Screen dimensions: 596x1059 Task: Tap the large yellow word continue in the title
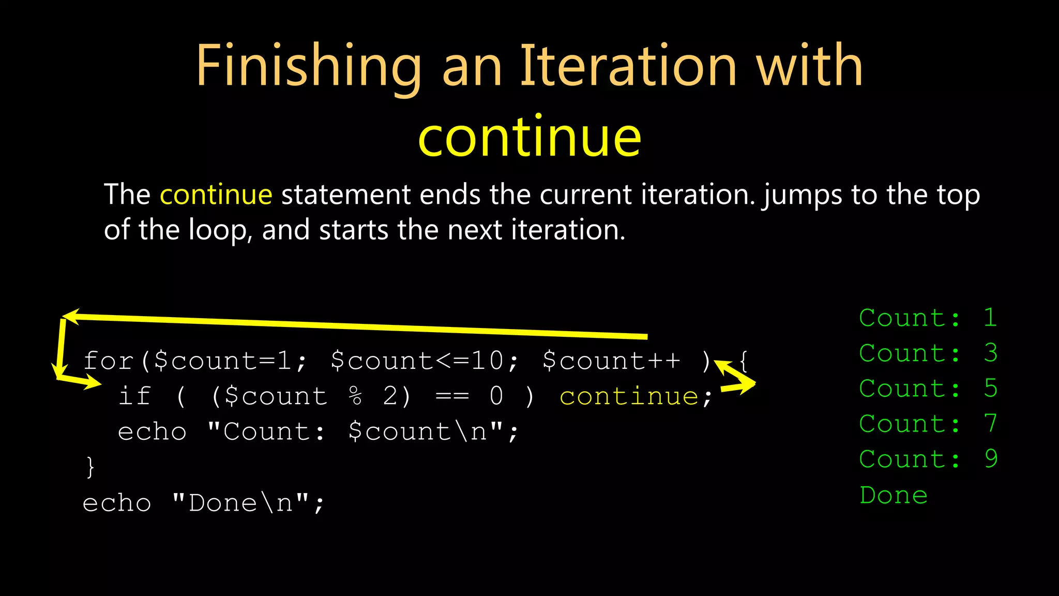click(529, 137)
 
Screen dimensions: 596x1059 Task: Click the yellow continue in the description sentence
click(216, 195)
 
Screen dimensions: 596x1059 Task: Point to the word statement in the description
click(345, 195)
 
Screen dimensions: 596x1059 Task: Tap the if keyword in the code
click(134, 396)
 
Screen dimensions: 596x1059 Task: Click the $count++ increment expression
click(612, 361)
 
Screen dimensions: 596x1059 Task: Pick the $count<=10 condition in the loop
click(417, 361)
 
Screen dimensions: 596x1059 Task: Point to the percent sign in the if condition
click(356, 397)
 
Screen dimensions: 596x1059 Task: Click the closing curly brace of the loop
click(90, 467)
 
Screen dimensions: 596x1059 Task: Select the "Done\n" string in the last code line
click(240, 503)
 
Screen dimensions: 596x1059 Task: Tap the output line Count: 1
click(928, 318)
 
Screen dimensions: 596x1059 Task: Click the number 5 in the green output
click(991, 389)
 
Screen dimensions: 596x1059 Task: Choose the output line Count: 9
click(928, 459)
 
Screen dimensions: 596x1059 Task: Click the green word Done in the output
click(894, 496)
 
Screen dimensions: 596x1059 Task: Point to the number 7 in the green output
click(991, 424)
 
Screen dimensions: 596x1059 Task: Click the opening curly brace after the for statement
click(744, 361)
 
